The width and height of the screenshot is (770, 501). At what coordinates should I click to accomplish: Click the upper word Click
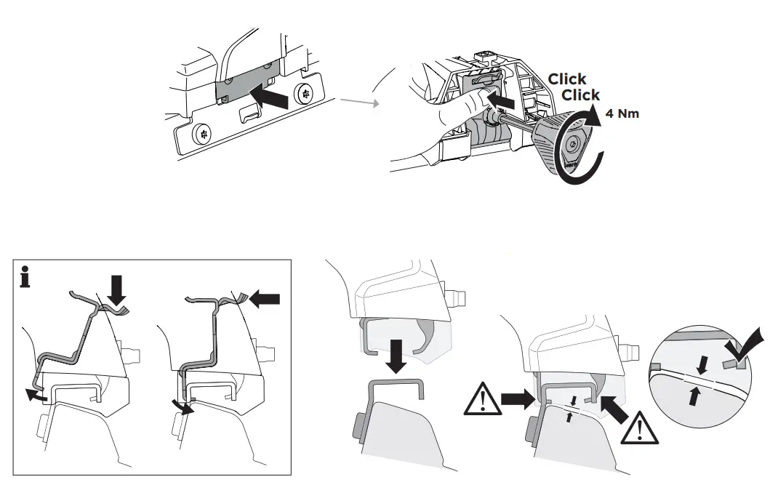click(x=567, y=79)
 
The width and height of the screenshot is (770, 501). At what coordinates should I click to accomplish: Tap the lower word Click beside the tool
click(x=581, y=95)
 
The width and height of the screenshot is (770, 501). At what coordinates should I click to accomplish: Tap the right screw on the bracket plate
click(x=305, y=94)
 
